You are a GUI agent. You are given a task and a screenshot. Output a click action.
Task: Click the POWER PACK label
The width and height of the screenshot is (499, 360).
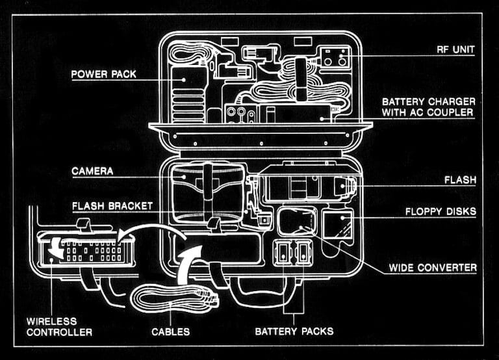click(104, 74)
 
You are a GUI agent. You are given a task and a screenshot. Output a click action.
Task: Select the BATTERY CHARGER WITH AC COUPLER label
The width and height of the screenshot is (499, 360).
click(428, 107)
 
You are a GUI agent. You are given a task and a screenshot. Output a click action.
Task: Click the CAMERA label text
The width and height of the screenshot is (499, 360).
click(92, 171)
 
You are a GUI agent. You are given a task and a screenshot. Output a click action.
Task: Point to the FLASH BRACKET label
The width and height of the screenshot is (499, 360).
click(112, 206)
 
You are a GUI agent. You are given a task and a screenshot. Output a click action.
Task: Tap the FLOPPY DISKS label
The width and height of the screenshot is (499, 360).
click(441, 211)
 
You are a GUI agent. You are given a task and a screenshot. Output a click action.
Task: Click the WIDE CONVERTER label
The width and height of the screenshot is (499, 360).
click(433, 267)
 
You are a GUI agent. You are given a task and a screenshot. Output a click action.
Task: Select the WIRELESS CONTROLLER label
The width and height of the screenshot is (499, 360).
click(58, 326)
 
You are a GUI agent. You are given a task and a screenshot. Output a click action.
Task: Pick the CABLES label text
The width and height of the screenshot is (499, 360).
click(171, 331)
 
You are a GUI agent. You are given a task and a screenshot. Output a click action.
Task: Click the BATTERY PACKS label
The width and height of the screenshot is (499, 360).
click(294, 331)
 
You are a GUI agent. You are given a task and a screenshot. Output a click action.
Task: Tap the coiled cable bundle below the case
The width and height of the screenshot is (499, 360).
click(173, 300)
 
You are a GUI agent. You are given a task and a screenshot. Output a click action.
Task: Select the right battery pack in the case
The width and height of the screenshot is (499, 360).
click(303, 253)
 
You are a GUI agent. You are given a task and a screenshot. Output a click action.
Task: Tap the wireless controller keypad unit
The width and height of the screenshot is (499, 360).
click(86, 250)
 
